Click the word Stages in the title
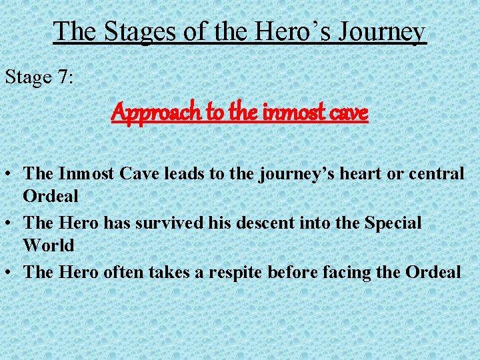pos(129,31)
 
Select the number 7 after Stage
pos(63,77)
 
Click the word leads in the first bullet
pos(195,173)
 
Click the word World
pos(49,245)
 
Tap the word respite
pos(243,272)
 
